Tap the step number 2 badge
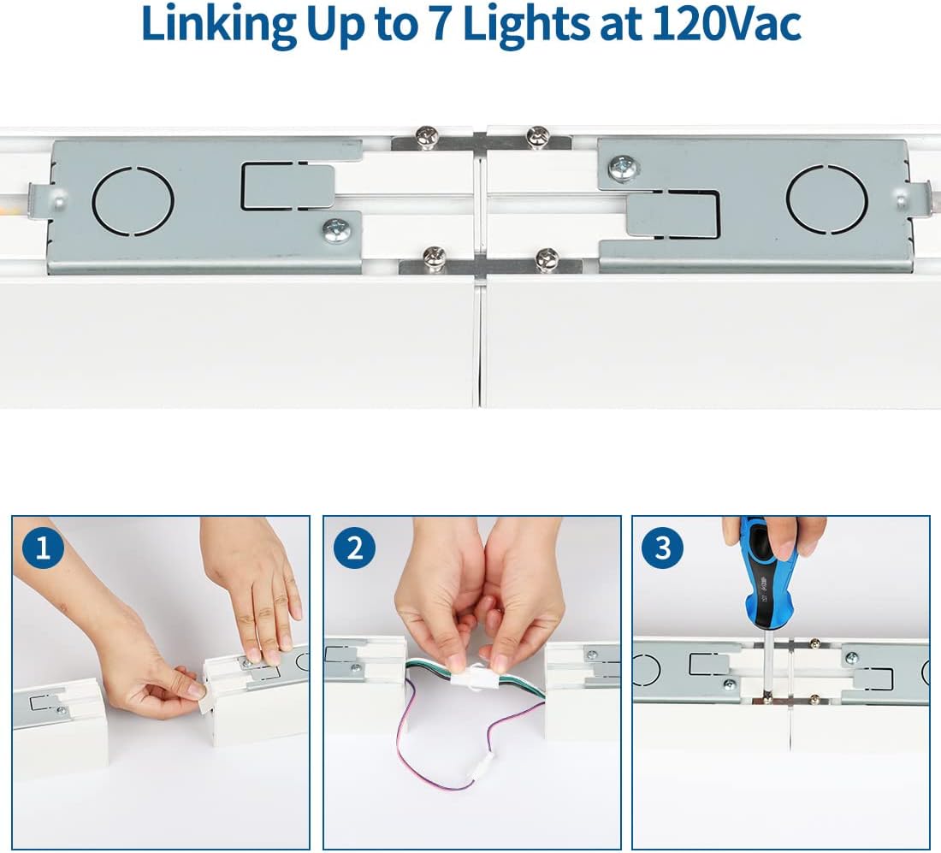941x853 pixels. click(353, 548)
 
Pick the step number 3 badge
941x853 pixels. click(663, 548)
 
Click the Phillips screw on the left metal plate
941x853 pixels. click(336, 230)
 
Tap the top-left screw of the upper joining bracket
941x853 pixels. click(426, 135)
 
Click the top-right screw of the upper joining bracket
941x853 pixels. click(538, 135)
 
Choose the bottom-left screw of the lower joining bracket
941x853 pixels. click(434, 257)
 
